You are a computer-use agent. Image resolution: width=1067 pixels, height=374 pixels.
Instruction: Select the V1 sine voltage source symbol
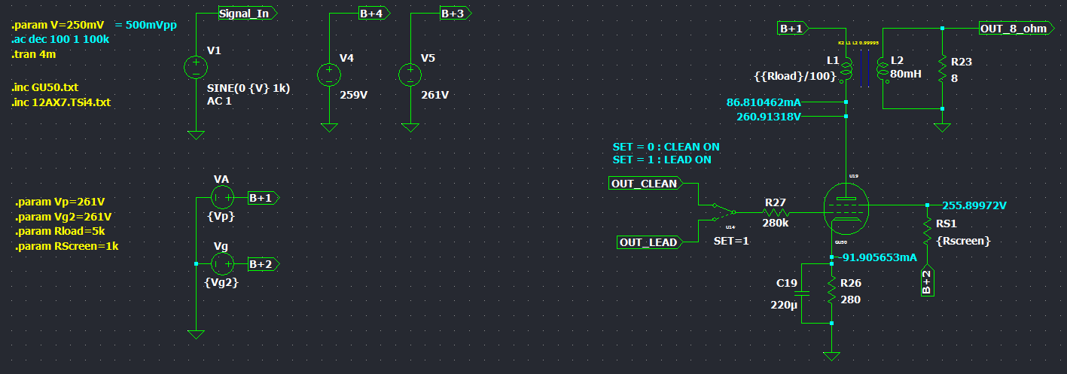pyautogui.click(x=196, y=68)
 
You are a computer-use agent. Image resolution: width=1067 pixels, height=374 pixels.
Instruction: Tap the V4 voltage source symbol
pyautogui.click(x=329, y=74)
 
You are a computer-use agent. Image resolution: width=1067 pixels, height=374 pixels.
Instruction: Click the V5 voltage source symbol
pyautogui.click(x=410, y=74)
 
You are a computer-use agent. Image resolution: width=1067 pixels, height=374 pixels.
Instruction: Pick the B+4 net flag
pyautogui.click(x=372, y=13)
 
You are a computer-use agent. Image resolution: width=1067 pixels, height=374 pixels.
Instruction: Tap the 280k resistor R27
pyautogui.click(x=776, y=213)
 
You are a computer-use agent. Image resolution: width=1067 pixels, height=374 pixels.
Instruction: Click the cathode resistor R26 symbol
pyautogui.click(x=831, y=290)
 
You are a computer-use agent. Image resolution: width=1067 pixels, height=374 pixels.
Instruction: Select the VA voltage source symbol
pyautogui.click(x=221, y=198)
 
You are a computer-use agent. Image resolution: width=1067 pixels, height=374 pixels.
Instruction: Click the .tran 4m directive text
pyautogui.click(x=33, y=54)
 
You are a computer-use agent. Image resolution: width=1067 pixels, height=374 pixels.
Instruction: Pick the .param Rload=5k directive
pyautogui.click(x=59, y=231)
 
